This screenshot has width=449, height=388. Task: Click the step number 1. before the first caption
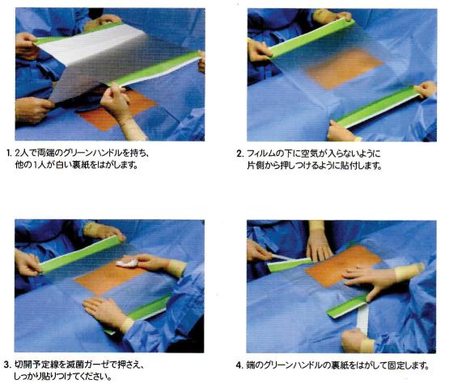click(9, 154)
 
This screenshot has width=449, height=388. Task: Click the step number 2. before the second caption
click(240, 154)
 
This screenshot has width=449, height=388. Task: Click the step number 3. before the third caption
click(7, 365)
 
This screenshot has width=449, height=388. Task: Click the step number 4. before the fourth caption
click(239, 365)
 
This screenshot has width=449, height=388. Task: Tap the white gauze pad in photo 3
click(126, 263)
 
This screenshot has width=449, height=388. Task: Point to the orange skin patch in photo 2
click(344, 71)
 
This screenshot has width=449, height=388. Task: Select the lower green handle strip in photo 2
click(378, 107)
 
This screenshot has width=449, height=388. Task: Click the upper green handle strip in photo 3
click(80, 254)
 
